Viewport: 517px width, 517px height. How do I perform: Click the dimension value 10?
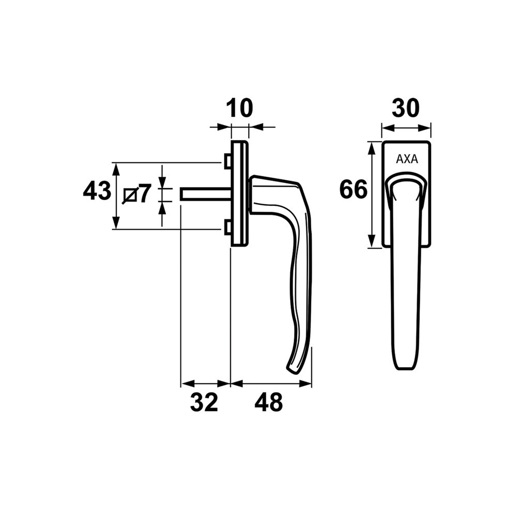point(239,109)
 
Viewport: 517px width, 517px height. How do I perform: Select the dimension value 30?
point(405,109)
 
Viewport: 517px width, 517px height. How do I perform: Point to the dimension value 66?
point(353,190)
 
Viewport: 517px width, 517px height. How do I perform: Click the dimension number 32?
point(204,402)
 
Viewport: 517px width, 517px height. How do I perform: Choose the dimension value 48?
point(269,402)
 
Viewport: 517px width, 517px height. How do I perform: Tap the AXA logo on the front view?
point(406,159)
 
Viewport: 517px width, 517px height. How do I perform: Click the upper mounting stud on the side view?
point(227,162)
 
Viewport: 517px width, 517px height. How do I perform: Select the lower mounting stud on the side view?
point(227,227)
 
